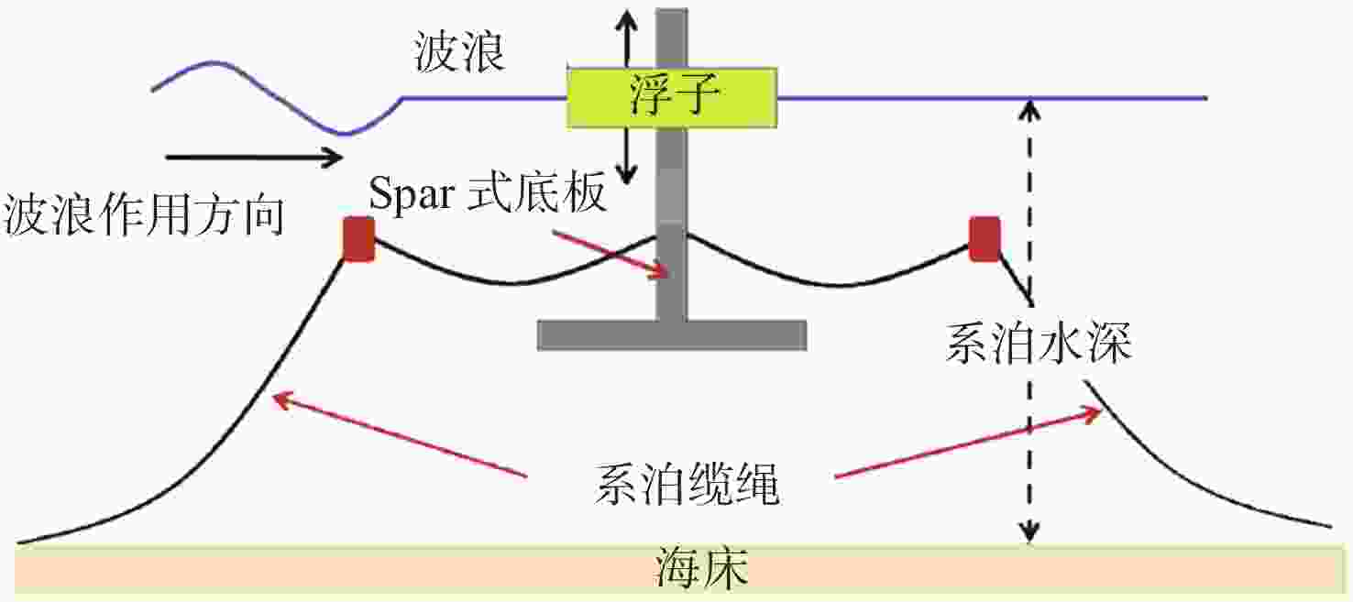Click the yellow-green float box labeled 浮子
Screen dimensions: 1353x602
pos(672,98)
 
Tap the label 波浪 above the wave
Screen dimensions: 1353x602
pos(459,52)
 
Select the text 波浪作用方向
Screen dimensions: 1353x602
pos(144,214)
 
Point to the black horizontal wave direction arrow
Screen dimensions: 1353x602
pos(254,158)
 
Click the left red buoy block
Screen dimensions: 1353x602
pos(358,239)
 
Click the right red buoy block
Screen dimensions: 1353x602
pos(984,239)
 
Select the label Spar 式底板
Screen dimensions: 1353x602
pos(487,193)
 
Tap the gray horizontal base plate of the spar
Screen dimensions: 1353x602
pos(672,335)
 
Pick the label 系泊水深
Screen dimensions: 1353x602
pos(1039,343)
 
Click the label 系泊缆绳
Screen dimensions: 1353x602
pos(687,484)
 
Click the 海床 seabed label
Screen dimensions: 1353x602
pos(701,568)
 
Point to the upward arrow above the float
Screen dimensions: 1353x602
pos(626,38)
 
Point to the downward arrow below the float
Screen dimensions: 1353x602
pos(626,157)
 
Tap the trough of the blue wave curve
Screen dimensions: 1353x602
pos(344,134)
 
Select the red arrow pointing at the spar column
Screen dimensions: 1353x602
pos(610,255)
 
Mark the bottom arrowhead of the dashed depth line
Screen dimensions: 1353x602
pos(1029,532)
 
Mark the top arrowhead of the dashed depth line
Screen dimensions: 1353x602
pos(1029,111)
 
